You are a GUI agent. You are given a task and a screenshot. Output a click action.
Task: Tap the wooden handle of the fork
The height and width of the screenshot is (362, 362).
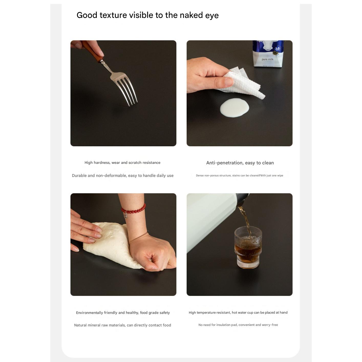tap(92, 50)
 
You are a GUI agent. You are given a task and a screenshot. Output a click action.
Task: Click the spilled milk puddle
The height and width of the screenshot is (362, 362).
tap(235, 108)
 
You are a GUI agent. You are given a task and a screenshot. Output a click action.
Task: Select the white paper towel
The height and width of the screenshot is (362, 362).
tap(242, 83)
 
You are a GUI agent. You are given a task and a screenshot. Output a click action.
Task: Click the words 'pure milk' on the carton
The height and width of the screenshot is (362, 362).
tap(267, 59)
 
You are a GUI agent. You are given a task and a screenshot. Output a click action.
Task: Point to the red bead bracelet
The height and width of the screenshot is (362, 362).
tap(133, 209)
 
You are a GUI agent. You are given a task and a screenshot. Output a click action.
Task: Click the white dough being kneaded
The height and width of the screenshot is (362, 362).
tap(111, 244)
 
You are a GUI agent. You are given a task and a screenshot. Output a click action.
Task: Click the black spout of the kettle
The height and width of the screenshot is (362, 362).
tap(242, 199)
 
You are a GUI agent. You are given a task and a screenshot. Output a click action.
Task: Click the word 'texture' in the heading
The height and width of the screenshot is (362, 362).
tap(113, 15)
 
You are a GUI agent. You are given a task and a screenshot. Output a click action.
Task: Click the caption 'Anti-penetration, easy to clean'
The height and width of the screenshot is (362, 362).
tap(240, 163)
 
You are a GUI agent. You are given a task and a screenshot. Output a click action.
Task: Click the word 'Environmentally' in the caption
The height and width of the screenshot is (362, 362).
tap(90, 313)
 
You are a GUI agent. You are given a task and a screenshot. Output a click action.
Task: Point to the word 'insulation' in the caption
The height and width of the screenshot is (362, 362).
tap(223, 325)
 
